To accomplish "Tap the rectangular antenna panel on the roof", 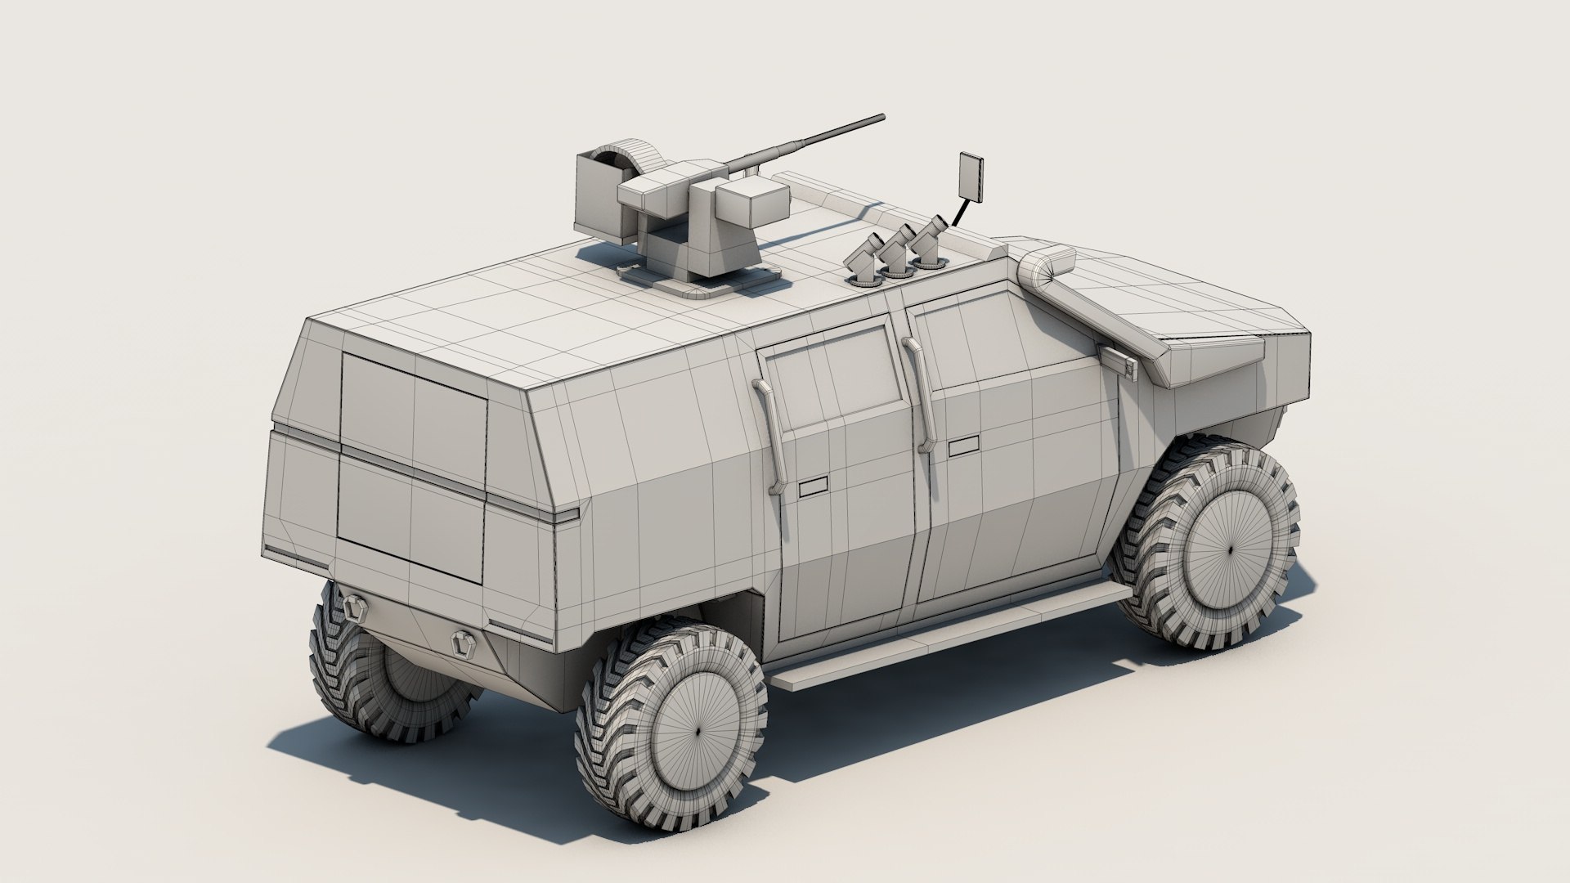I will click(x=971, y=175).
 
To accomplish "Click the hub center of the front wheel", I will click(x=1231, y=550).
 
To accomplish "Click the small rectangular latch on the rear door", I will click(x=814, y=489).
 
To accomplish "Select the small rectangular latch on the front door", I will click(x=962, y=446).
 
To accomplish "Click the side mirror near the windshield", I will click(x=1119, y=361).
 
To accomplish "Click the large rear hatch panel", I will click(x=413, y=466).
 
